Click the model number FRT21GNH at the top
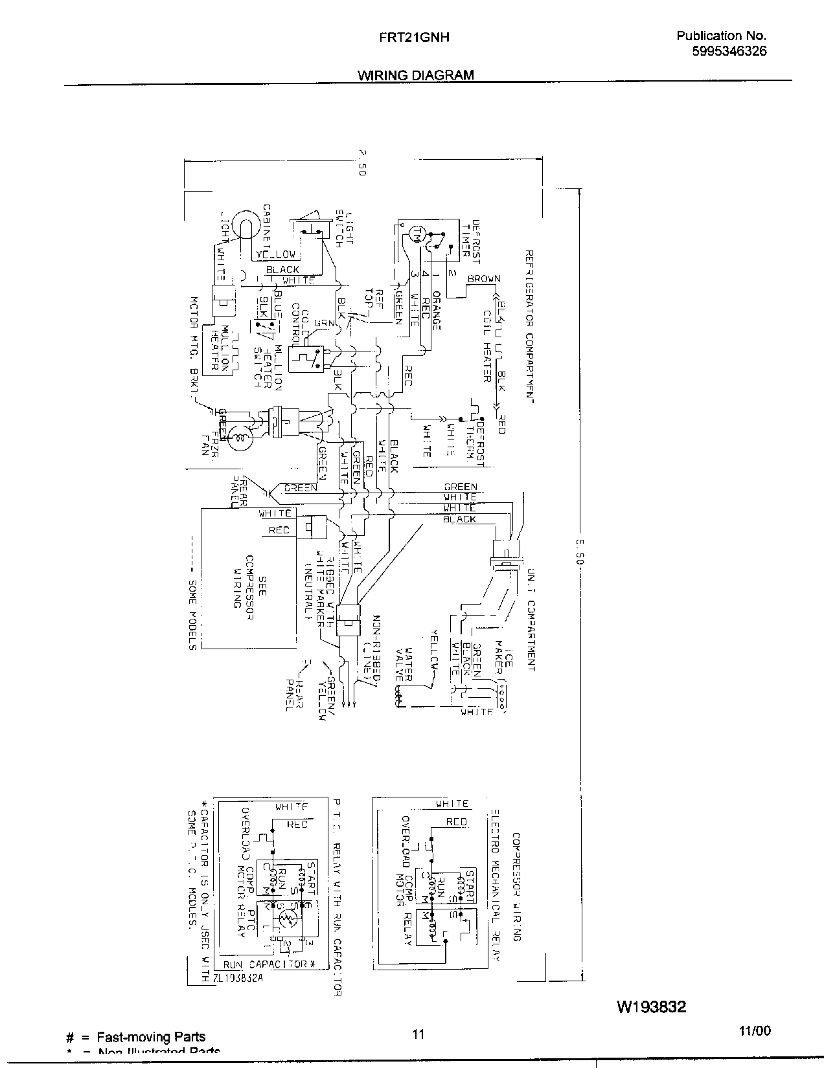[414, 38]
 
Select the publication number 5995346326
[729, 52]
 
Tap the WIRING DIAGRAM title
[416, 75]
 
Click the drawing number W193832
[651, 1007]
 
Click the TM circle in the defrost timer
[418, 233]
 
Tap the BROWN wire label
[484, 279]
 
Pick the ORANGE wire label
[437, 310]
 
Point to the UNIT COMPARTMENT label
[531, 619]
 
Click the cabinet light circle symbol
[244, 223]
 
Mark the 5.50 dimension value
[580, 549]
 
